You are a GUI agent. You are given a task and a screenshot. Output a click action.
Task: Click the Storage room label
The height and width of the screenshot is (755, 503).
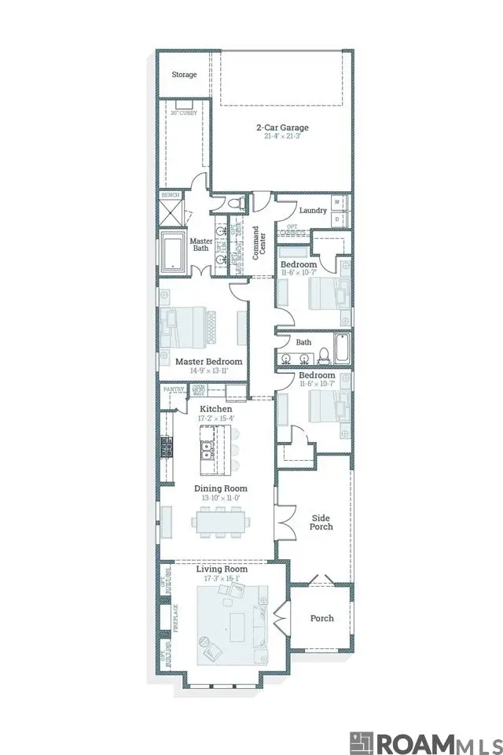(x=185, y=75)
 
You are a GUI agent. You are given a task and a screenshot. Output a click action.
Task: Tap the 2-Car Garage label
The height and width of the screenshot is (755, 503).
(x=281, y=127)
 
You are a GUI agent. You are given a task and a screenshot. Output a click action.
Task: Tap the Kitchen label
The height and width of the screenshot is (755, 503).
(x=215, y=410)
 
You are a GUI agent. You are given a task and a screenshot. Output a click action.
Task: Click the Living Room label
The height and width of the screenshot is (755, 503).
(x=222, y=569)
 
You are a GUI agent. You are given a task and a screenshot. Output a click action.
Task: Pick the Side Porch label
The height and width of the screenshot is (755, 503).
(x=321, y=522)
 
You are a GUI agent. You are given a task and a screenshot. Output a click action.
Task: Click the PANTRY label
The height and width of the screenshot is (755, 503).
(x=174, y=389)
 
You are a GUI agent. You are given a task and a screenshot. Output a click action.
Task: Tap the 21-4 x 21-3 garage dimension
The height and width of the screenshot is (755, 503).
(x=282, y=137)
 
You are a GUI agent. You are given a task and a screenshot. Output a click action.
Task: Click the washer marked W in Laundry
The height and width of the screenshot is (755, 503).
(x=336, y=202)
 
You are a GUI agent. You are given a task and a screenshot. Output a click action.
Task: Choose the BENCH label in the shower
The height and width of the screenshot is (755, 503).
(x=170, y=195)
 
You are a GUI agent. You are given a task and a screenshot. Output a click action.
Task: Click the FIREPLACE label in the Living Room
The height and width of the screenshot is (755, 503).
(x=176, y=618)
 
